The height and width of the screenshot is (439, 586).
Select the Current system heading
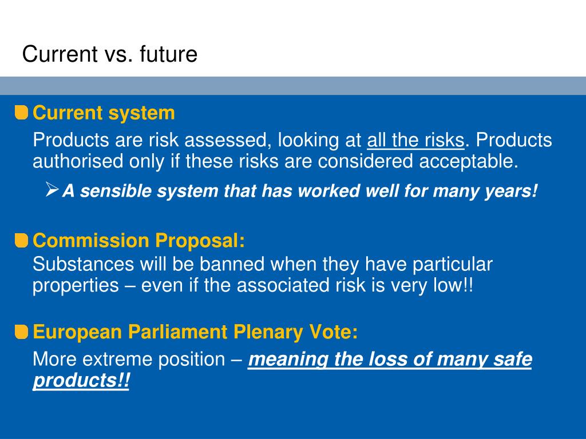[104, 113]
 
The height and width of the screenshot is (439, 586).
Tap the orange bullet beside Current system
[21, 113]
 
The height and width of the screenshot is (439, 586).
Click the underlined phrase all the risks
[415, 140]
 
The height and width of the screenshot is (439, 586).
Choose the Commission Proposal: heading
[138, 241]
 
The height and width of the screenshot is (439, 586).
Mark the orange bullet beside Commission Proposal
[21, 241]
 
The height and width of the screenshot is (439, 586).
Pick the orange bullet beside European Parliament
[21, 332]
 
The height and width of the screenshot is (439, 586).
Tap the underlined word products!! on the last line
[81, 381]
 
